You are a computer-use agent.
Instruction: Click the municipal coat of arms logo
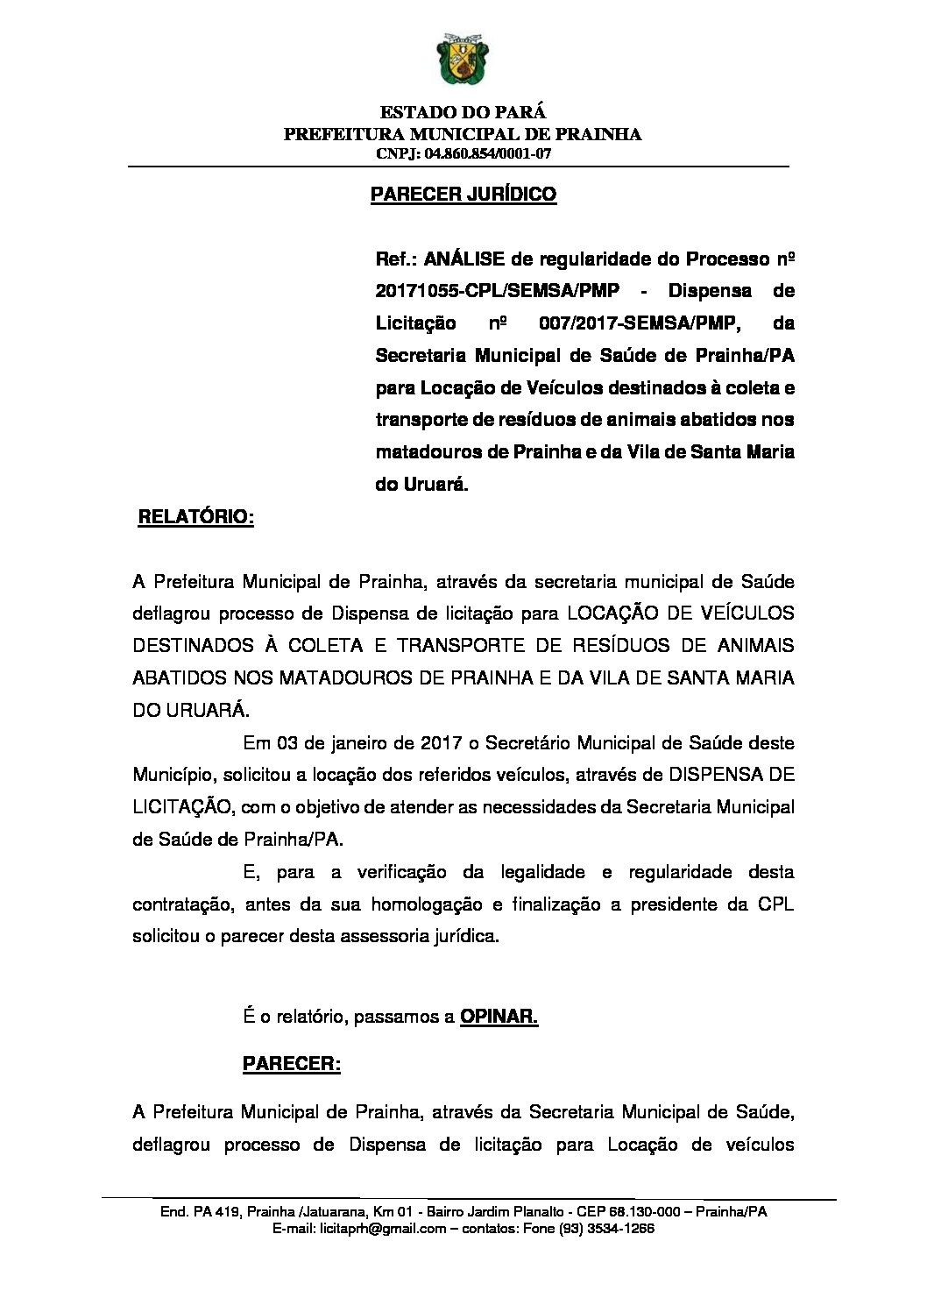click(463, 60)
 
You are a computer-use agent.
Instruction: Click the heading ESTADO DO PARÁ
click(463, 112)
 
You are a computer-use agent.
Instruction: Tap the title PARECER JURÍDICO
click(463, 194)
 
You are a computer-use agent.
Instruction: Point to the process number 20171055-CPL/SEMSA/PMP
click(497, 291)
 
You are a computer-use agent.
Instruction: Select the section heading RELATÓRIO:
click(196, 517)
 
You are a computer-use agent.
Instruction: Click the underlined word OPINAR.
click(499, 1017)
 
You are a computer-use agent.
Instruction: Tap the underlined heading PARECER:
click(291, 1064)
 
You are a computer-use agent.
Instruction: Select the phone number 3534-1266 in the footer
click(626, 1229)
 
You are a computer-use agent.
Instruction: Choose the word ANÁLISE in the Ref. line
click(464, 259)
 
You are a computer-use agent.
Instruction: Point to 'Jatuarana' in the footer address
click(334, 1212)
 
